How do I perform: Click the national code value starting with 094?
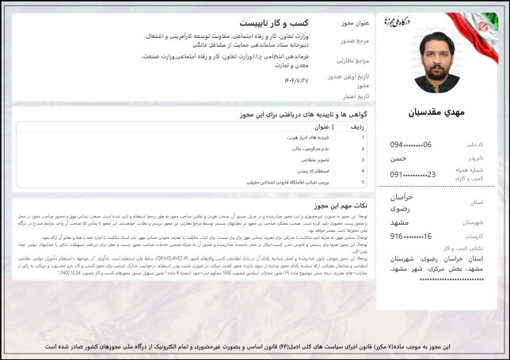coord(411,145)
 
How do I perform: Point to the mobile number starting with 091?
coord(413,175)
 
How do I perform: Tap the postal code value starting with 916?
coord(411,237)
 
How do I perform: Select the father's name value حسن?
coord(401,159)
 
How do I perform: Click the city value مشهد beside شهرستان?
coord(402,222)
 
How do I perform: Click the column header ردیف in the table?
coord(357,127)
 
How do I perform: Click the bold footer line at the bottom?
coord(255,347)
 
